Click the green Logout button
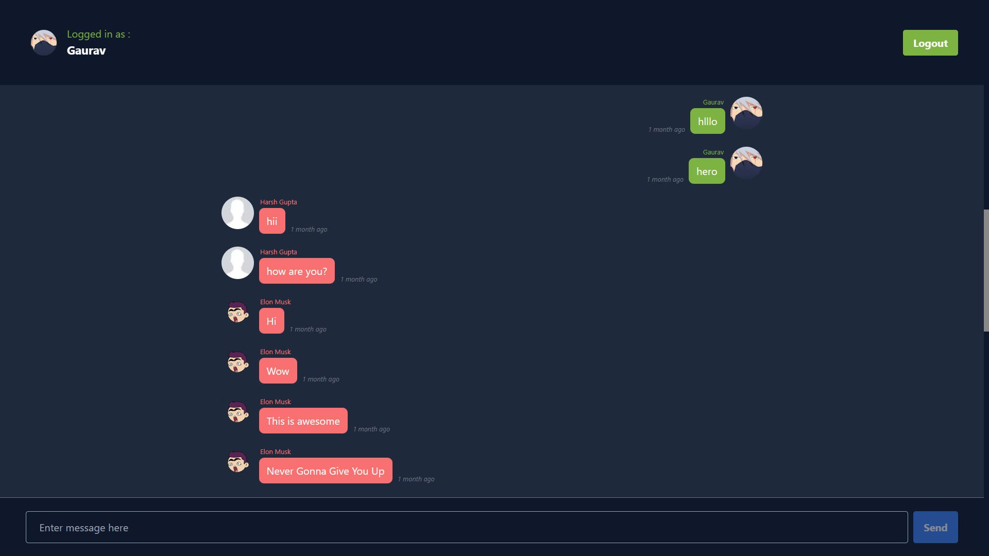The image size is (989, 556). pyautogui.click(x=930, y=43)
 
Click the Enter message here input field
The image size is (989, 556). pyautogui.click(x=466, y=527)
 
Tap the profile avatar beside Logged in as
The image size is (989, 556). pyautogui.click(x=44, y=43)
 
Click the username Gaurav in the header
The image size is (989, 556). pyautogui.click(x=86, y=50)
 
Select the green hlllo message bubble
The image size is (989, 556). pyautogui.click(x=707, y=121)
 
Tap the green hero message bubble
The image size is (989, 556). pyautogui.click(x=706, y=171)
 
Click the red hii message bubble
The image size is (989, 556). pyautogui.click(x=272, y=221)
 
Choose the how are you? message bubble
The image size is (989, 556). pyautogui.click(x=297, y=271)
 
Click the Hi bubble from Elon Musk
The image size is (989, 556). pyautogui.click(x=271, y=321)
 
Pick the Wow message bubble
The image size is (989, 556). pyautogui.click(x=278, y=371)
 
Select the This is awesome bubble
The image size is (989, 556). pyautogui.click(x=303, y=421)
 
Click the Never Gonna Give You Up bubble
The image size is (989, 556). pyautogui.click(x=325, y=471)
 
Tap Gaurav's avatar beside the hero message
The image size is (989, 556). pyautogui.click(x=746, y=163)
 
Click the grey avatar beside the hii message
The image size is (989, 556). pyautogui.click(x=237, y=213)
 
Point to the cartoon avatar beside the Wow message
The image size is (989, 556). pyautogui.click(x=237, y=362)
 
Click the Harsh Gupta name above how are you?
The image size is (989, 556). pyautogui.click(x=278, y=252)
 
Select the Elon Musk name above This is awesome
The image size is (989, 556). pyautogui.click(x=275, y=402)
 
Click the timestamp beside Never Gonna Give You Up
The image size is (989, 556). pyautogui.click(x=416, y=479)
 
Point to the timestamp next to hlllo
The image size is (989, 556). pyautogui.click(x=667, y=130)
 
